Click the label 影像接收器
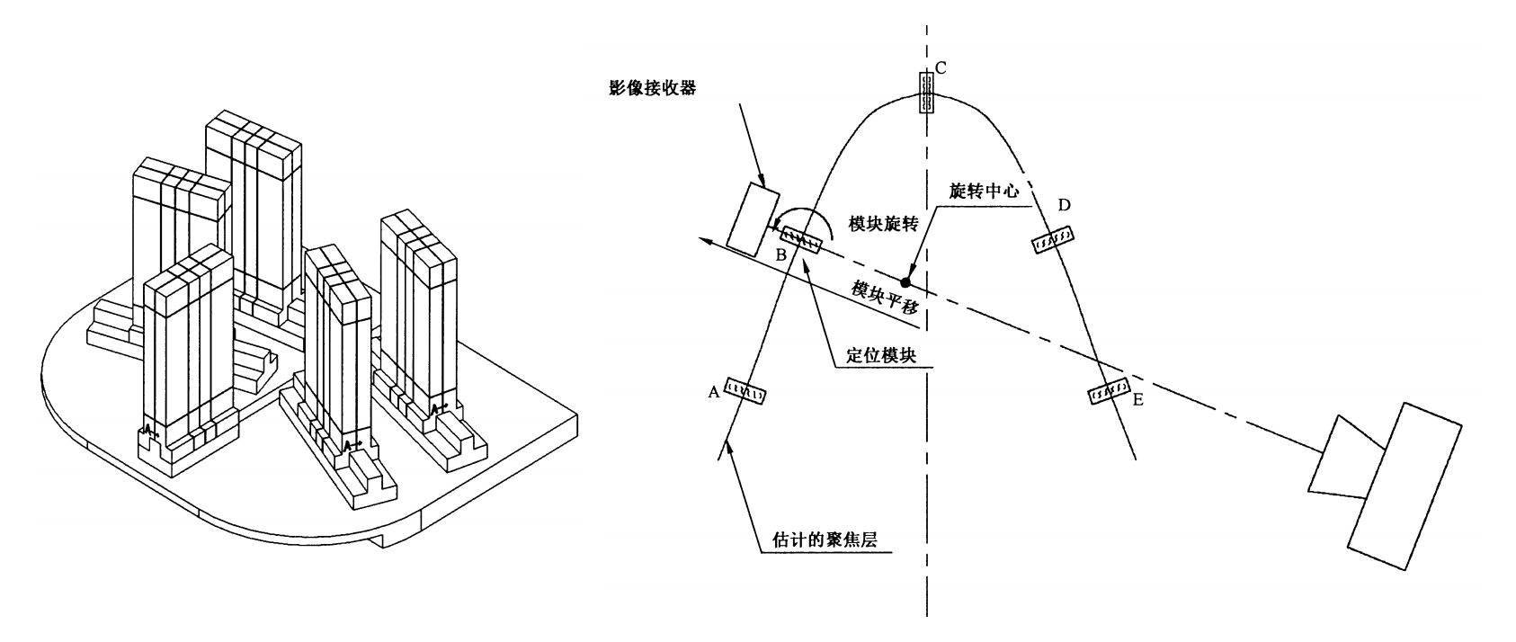652,88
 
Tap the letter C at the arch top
941,67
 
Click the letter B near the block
781,255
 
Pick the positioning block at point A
745,391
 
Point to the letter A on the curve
714,391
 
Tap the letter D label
1064,205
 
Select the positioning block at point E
1109,391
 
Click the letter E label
1137,398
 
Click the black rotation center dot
905,282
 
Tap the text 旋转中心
984,192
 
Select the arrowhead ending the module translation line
709,238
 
